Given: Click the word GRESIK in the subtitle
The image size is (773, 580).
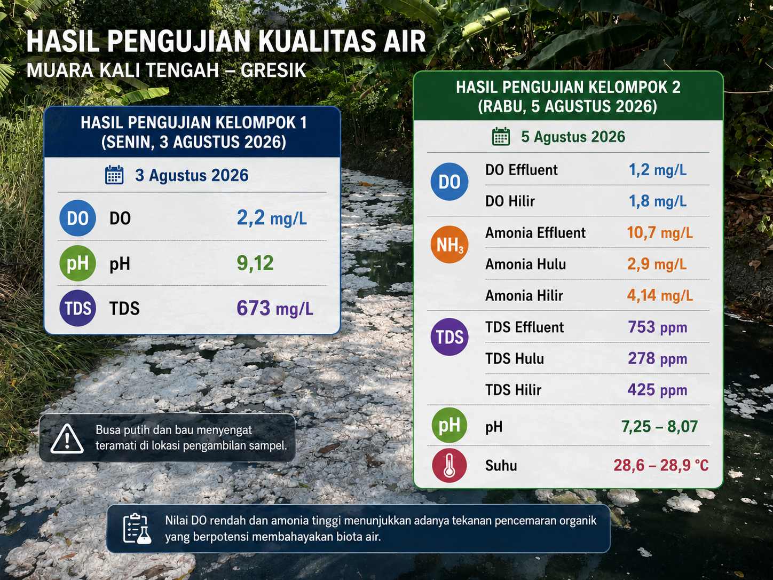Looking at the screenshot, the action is (x=273, y=70).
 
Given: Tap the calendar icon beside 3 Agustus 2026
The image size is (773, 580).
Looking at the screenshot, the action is (x=114, y=175).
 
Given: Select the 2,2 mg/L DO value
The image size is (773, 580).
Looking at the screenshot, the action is (x=272, y=218).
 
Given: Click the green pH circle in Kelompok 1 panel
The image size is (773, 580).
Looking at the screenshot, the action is (x=77, y=263).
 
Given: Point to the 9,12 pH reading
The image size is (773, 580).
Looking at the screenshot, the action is (x=255, y=263).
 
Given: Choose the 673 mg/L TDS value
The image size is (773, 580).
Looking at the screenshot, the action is (x=275, y=309).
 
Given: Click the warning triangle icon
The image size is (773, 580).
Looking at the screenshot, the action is (x=67, y=438).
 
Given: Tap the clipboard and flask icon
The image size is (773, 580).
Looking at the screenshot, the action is (x=137, y=529).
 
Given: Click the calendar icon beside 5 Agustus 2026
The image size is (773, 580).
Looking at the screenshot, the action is (x=501, y=136).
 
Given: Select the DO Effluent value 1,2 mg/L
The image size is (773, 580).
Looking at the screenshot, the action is (x=658, y=170).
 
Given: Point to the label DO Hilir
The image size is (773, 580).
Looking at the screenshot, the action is (x=510, y=201).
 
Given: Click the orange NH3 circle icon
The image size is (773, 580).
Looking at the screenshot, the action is (x=449, y=245).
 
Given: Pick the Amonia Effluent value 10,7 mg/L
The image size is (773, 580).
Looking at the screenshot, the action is (x=660, y=233).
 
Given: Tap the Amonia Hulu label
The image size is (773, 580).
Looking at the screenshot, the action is (x=525, y=264).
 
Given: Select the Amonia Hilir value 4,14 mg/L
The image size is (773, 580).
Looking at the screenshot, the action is (x=660, y=295).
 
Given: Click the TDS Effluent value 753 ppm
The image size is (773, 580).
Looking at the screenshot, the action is (x=658, y=327).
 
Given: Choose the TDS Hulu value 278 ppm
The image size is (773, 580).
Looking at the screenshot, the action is (x=658, y=358).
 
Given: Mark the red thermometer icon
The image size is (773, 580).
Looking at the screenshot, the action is (x=449, y=465).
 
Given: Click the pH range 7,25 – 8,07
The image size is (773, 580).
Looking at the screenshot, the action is (x=659, y=427).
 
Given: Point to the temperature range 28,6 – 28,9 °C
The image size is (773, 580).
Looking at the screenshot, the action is (x=661, y=465).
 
